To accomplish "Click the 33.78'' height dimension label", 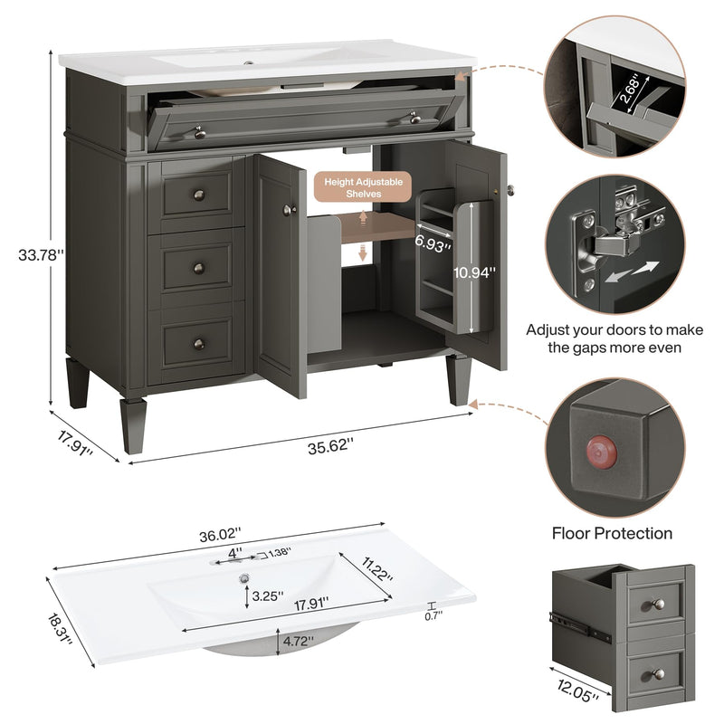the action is point(41,255).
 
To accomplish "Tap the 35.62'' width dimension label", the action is point(330,446).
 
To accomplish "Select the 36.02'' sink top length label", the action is point(221,535).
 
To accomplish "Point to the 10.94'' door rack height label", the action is point(474,272).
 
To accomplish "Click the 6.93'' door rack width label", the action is point(433,243).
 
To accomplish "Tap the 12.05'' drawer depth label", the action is point(577,691).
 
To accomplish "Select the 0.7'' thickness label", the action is point(433,615).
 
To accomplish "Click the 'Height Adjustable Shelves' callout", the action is point(363,187).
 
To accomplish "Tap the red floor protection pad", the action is point(601,451).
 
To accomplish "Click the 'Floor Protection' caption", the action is point(612,533).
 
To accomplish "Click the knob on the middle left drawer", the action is point(199,268).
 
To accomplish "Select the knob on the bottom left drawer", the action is point(199,344).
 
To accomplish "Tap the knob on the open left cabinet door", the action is point(290,210).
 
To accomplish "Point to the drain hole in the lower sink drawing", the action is point(244,577).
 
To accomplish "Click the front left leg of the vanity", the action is point(133,425).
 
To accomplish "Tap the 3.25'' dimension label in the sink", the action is point(268,595).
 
